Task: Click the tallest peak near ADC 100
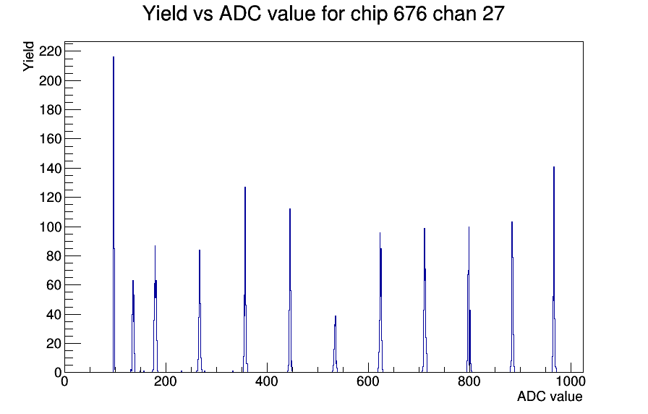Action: [114, 214]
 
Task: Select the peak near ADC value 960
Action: [554, 269]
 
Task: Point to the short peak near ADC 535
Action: [335, 344]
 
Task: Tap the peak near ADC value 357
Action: [245, 279]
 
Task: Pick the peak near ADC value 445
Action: [290, 290]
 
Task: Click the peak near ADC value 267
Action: [200, 311]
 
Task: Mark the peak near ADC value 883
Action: [512, 297]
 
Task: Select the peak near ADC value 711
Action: [425, 300]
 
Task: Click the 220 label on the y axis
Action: [50, 51]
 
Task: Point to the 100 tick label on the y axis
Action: [50, 227]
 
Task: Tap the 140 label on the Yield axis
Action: [50, 169]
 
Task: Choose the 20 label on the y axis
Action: [54, 344]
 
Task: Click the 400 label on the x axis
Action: [267, 381]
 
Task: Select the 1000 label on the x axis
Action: [571, 381]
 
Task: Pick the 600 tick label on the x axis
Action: [368, 381]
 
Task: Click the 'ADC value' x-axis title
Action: [550, 396]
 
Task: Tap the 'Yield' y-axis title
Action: [28, 56]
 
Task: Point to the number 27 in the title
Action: [493, 13]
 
